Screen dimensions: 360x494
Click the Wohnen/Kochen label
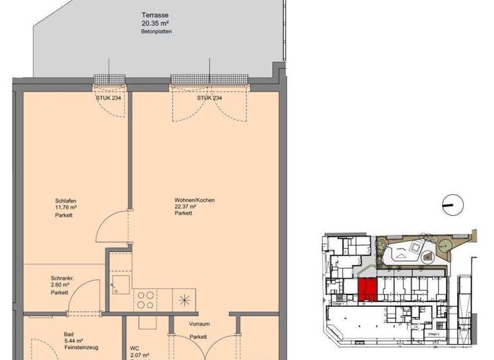[194, 200]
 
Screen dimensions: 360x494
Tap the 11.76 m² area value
[65, 207]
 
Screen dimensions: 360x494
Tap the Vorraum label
[199, 325]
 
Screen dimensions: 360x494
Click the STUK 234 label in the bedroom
[108, 98]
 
